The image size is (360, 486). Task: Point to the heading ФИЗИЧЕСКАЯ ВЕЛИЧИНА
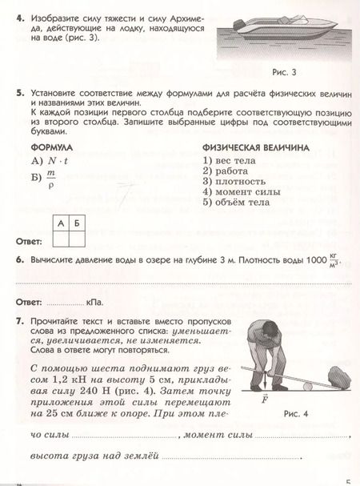[x=255, y=148]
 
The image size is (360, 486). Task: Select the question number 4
[x=18, y=16]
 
